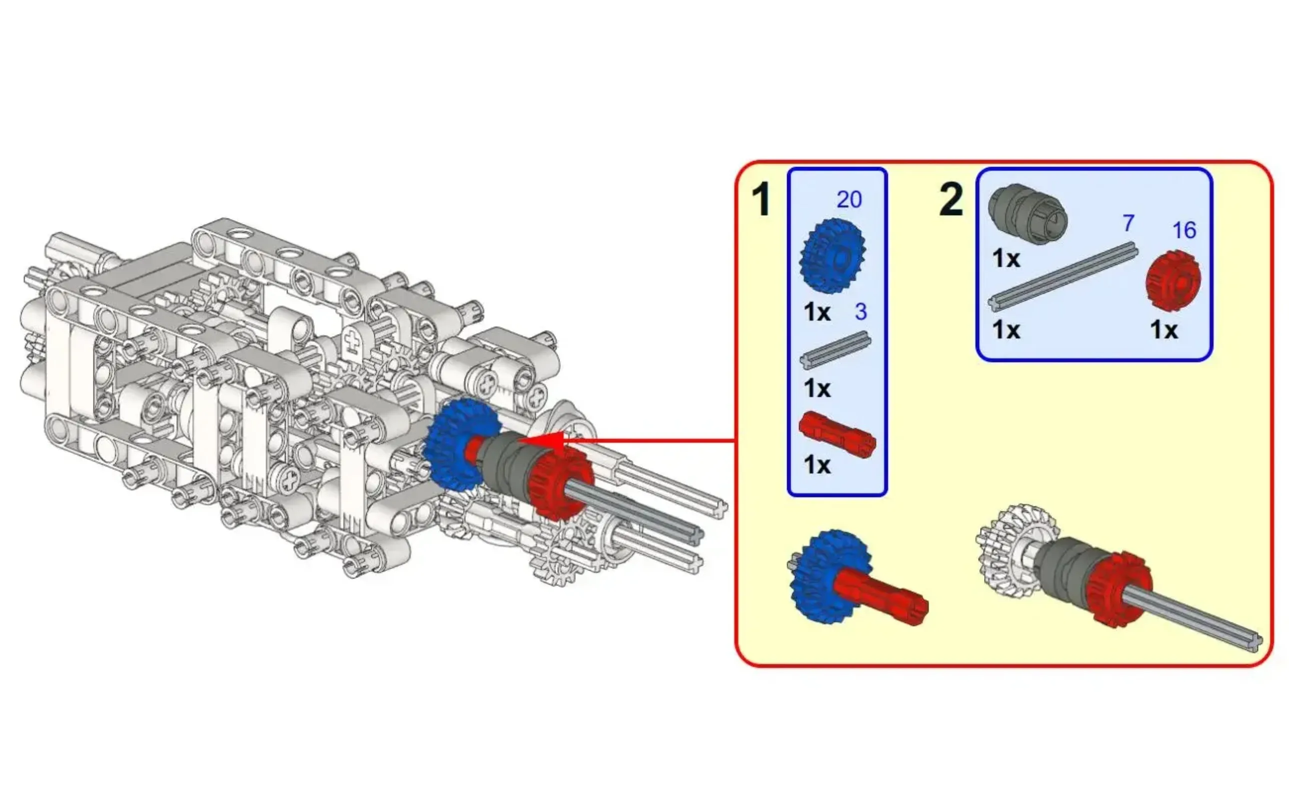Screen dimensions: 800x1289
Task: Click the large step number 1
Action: [x=761, y=200]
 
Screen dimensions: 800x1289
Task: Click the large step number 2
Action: [x=951, y=200]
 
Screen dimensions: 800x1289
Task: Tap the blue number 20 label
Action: [x=849, y=200]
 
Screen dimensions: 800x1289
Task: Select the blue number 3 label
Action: [x=861, y=311]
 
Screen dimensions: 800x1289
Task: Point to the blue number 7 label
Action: [x=1128, y=223]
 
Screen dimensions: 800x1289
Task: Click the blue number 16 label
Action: [x=1184, y=230]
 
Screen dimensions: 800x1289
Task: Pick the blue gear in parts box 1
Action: [x=833, y=256]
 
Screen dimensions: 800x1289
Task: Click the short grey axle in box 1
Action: [x=835, y=350]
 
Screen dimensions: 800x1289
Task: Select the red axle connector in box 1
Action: [x=836, y=435]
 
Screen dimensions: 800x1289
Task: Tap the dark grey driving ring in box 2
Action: [x=1028, y=214]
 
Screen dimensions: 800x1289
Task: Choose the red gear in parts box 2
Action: [x=1173, y=280]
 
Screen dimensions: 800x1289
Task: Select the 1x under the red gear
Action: [x=1164, y=330]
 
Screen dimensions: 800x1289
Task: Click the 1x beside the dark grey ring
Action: [x=1006, y=258]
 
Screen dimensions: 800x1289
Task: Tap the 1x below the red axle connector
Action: [x=817, y=465]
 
